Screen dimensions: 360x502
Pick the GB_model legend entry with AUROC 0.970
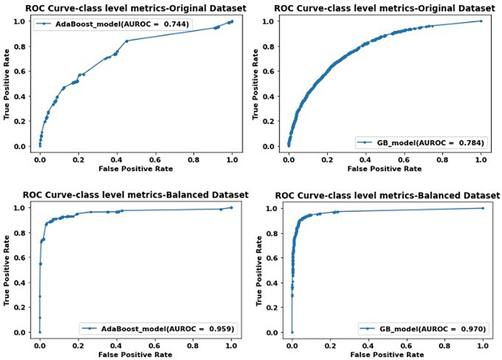[x=423, y=328]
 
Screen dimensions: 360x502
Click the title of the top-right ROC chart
[x=385, y=7]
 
